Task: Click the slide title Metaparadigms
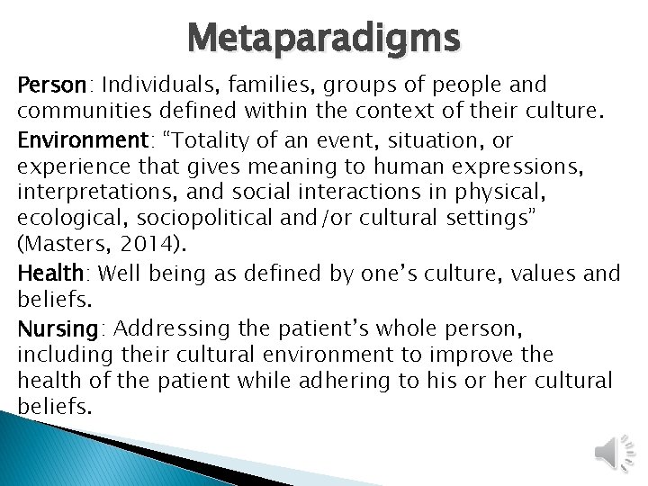(x=324, y=39)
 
